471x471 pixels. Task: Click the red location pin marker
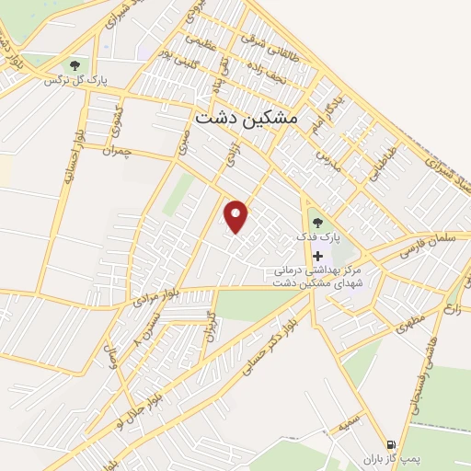[x=237, y=216]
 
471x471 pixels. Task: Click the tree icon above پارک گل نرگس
[x=74, y=64]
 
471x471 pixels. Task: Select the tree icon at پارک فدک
[x=317, y=222]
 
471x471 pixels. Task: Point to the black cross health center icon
[x=318, y=255]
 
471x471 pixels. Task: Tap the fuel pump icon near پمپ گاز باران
[x=392, y=442]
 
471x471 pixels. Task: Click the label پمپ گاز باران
[x=384, y=457]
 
